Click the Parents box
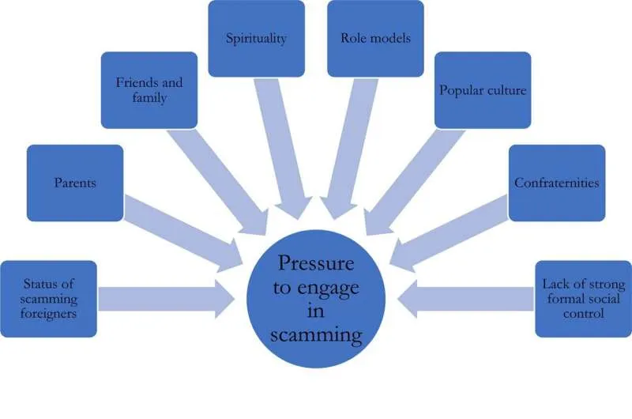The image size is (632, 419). (x=75, y=183)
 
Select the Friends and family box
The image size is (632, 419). (x=149, y=90)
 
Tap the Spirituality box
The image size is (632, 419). (x=257, y=38)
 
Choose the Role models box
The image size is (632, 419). (x=375, y=38)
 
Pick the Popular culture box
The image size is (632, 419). (x=482, y=90)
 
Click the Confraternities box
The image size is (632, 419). (x=557, y=183)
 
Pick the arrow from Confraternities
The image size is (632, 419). (x=450, y=230)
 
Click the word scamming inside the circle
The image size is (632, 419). (x=316, y=335)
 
